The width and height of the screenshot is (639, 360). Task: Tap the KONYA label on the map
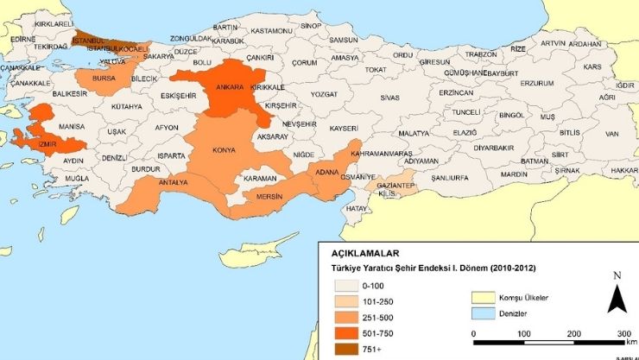[223, 148]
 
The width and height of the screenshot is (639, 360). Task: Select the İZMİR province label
[47, 145]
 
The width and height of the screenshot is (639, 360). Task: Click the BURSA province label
[104, 78]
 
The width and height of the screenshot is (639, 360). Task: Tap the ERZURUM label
[536, 84]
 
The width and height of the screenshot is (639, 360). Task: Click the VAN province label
[612, 134]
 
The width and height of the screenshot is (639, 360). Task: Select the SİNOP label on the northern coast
[311, 27]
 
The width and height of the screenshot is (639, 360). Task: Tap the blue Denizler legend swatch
[485, 313]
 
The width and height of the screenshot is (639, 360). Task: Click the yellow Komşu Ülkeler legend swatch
[485, 297]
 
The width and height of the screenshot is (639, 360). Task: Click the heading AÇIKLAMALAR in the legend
[365, 254]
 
